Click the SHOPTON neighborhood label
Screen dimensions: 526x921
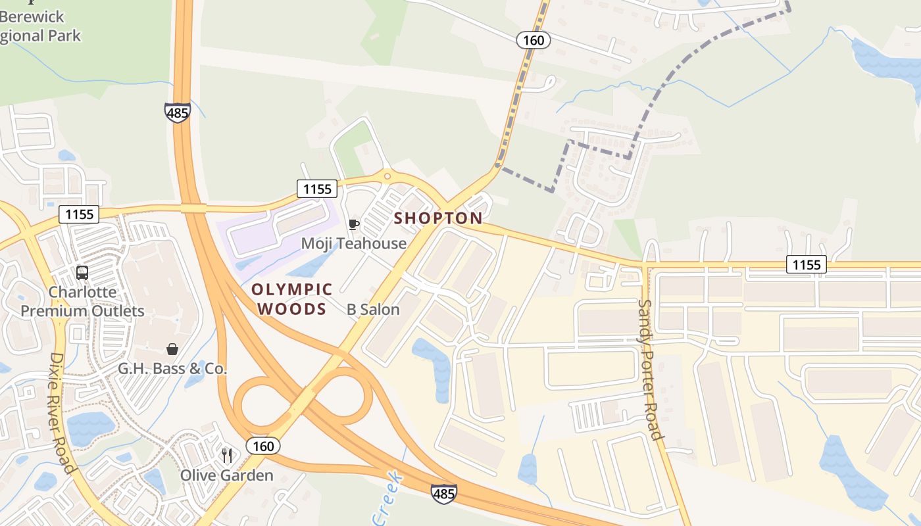pyautogui.click(x=438, y=218)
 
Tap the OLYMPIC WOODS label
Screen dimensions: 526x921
pyautogui.click(x=291, y=299)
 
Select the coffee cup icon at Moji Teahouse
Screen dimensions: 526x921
pyautogui.click(x=353, y=225)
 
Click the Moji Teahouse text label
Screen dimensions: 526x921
pyautogui.click(x=353, y=243)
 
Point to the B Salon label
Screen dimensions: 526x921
pyautogui.click(x=373, y=309)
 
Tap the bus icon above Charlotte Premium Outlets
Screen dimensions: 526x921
pyautogui.click(x=82, y=272)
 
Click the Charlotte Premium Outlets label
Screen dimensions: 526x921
pyautogui.click(x=82, y=301)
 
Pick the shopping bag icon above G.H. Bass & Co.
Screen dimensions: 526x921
pyautogui.click(x=172, y=349)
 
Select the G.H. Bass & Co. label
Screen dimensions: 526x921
pyautogui.click(x=172, y=369)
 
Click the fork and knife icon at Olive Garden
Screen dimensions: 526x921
pyautogui.click(x=227, y=455)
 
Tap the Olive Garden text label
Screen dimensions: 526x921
pyautogui.click(x=227, y=475)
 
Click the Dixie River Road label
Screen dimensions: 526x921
pyautogui.click(x=61, y=412)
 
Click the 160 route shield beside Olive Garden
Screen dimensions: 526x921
pyautogui.click(x=263, y=446)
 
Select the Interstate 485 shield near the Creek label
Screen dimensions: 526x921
pyautogui.click(x=443, y=493)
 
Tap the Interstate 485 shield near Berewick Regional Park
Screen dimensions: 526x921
pyautogui.click(x=178, y=112)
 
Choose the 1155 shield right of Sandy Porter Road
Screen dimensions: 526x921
pyautogui.click(x=807, y=264)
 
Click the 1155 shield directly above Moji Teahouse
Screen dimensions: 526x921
pyautogui.click(x=317, y=189)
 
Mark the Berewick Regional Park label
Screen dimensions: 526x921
pyautogui.click(x=39, y=26)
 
